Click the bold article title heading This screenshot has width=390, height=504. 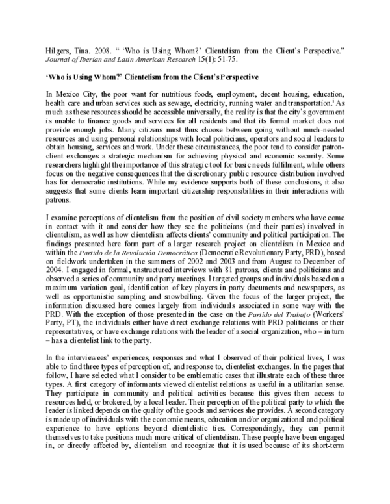153,77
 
